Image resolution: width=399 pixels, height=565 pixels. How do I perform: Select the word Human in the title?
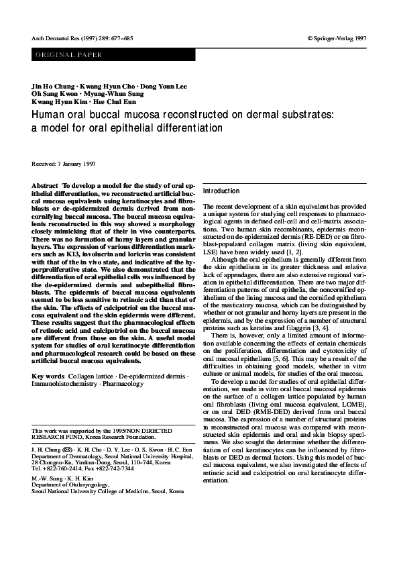click(x=49, y=115)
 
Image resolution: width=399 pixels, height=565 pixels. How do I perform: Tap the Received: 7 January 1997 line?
click(x=64, y=163)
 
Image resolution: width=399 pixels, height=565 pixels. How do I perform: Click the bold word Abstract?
click(x=46, y=184)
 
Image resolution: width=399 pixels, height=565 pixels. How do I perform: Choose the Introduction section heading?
click(x=221, y=191)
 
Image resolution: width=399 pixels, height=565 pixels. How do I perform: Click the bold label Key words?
click(x=48, y=376)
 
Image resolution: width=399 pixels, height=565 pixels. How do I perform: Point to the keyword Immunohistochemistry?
click(x=65, y=384)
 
